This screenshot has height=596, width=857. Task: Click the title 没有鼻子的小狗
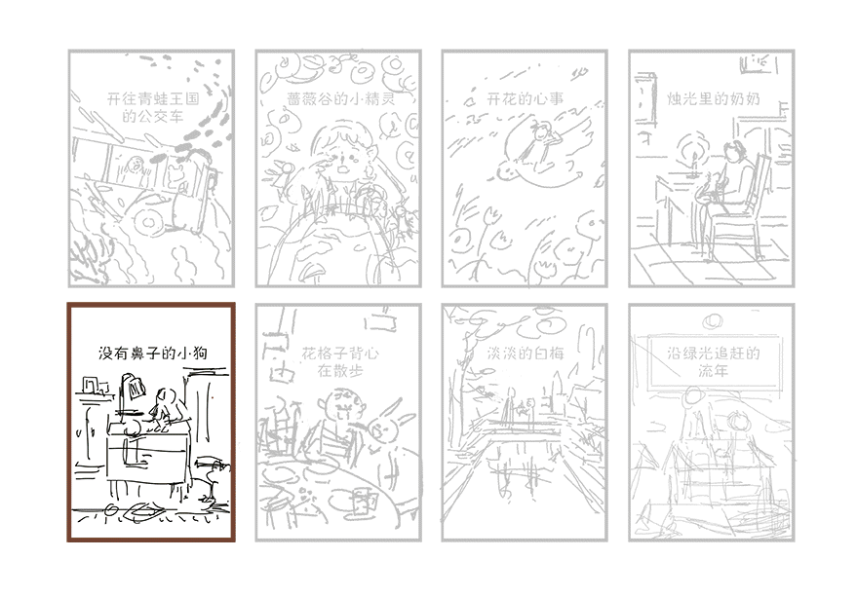pyautogui.click(x=153, y=354)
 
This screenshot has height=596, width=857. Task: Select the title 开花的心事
pyautogui.click(x=525, y=98)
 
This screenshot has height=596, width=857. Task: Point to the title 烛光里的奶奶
pyautogui.click(x=714, y=98)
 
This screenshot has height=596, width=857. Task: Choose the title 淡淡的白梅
pyautogui.click(x=526, y=354)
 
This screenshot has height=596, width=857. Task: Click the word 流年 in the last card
pyautogui.click(x=714, y=371)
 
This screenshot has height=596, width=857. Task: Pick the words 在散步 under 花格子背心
pyautogui.click(x=340, y=371)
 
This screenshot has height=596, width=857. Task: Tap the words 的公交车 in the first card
pyautogui.click(x=152, y=116)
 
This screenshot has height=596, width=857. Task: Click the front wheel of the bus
pyautogui.click(x=147, y=221)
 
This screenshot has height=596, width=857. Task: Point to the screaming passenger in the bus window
pyautogui.click(x=134, y=167)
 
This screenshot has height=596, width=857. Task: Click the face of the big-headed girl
pyautogui.click(x=342, y=155)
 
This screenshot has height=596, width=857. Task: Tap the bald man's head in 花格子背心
pyautogui.click(x=342, y=404)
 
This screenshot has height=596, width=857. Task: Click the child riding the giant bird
pyautogui.click(x=543, y=141)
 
